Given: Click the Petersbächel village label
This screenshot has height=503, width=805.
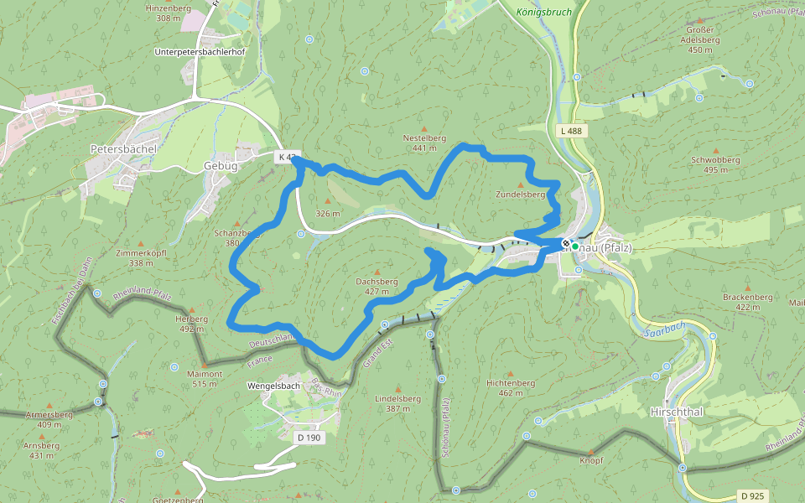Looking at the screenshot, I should click(x=123, y=148).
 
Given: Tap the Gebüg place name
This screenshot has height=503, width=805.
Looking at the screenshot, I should click(x=221, y=165).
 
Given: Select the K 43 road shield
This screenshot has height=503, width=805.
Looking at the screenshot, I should click(x=288, y=157).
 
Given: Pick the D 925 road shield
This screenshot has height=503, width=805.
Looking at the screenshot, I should click(x=752, y=496).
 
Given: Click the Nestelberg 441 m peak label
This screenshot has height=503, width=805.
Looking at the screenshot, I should click(x=424, y=143).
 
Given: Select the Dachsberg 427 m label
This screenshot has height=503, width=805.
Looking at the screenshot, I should click(x=377, y=286).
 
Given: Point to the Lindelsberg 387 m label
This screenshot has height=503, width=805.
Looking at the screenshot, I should click(x=397, y=403).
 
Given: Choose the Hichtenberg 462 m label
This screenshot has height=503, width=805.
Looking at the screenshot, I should click(x=510, y=387).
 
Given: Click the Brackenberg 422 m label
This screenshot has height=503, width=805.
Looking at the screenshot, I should click(x=747, y=302).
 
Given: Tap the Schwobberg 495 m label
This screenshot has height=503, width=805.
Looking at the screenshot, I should click(x=715, y=163).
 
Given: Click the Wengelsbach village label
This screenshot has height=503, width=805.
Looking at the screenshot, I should click(x=274, y=386).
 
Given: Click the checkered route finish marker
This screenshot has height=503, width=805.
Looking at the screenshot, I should click(x=566, y=243).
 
